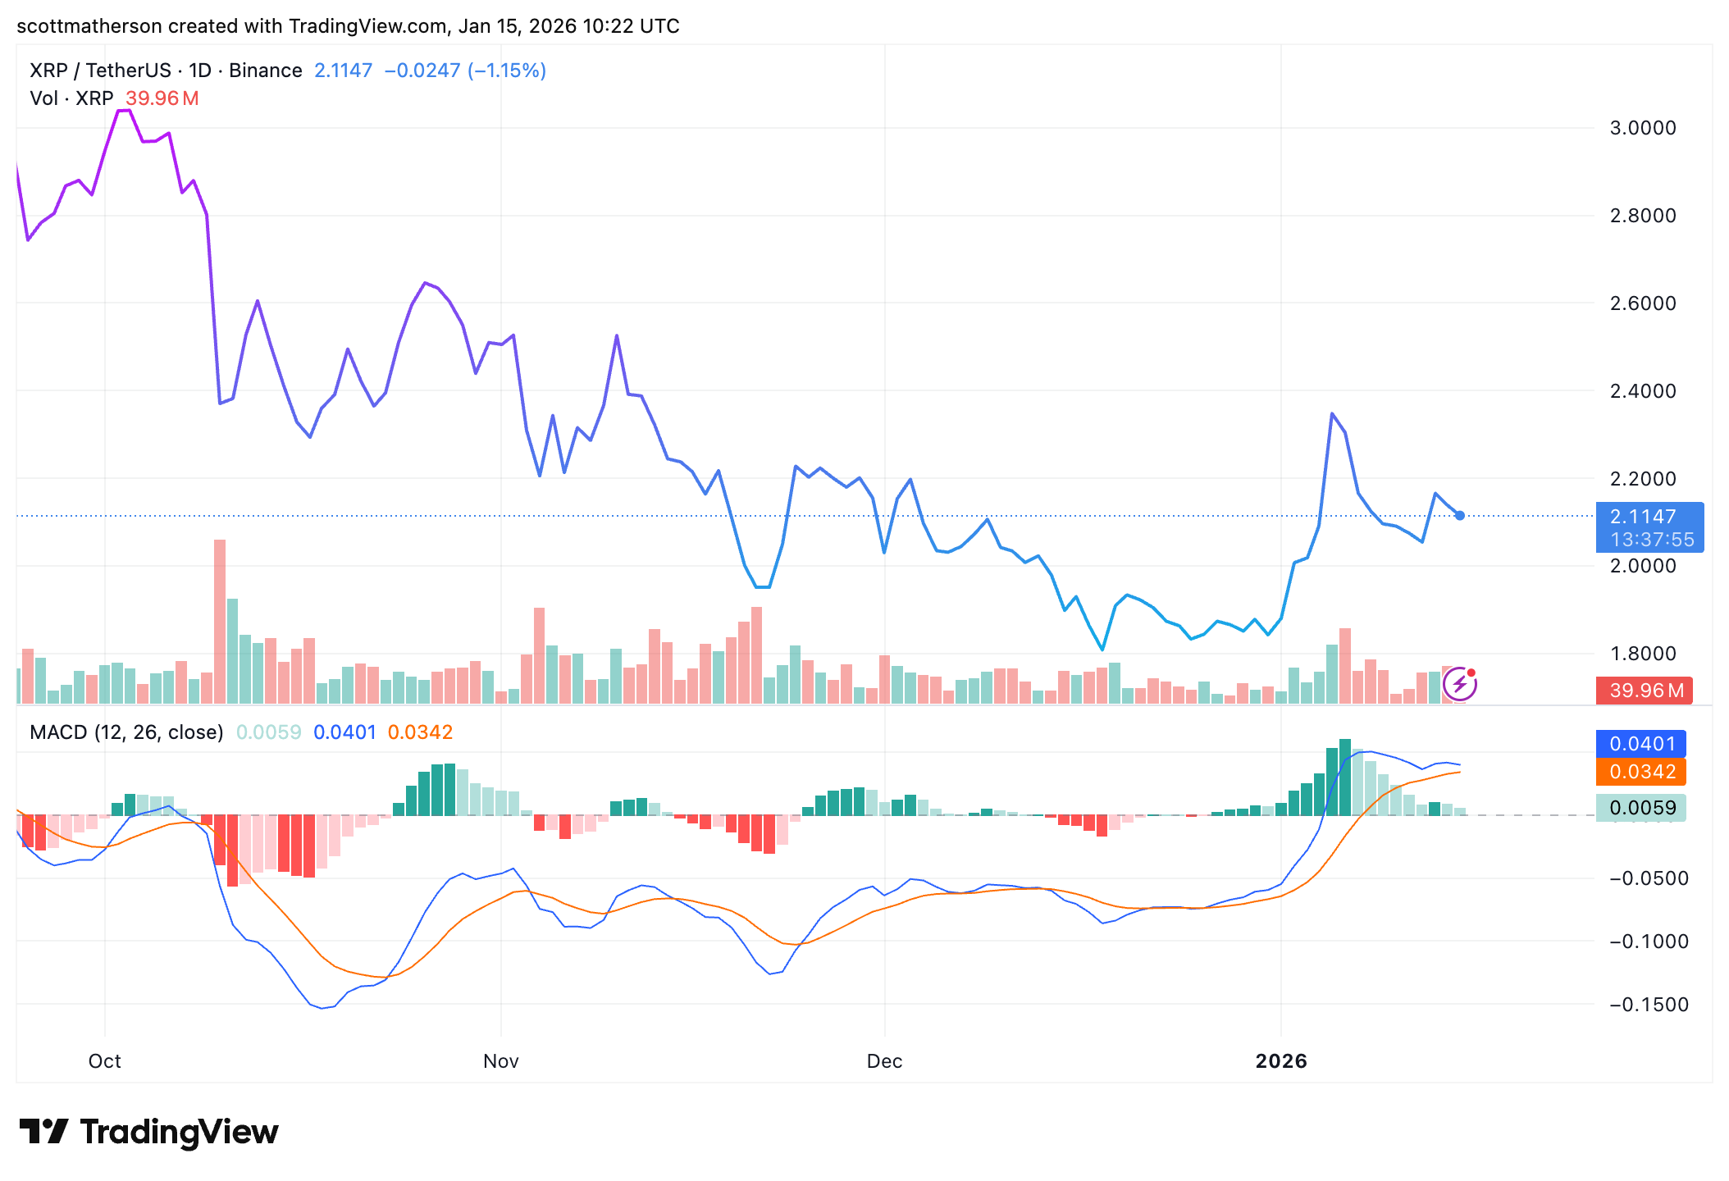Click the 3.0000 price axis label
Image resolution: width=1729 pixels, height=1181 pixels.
click(1643, 128)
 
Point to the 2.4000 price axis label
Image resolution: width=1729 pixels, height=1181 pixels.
click(1643, 391)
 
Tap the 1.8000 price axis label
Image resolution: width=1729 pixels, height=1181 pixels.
click(1643, 654)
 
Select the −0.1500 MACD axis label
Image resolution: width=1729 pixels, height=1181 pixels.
click(1649, 1005)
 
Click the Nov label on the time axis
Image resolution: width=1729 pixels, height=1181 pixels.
click(500, 1061)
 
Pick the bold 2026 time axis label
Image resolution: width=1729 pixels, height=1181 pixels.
click(1281, 1061)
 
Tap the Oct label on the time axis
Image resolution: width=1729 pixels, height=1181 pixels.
click(104, 1061)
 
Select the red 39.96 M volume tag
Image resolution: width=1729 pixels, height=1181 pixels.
click(1646, 691)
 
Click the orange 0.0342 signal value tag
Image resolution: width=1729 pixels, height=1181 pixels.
click(1641, 772)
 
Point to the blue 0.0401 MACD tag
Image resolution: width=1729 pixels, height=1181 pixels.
click(1641, 744)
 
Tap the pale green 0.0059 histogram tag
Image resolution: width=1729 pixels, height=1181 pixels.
click(1641, 808)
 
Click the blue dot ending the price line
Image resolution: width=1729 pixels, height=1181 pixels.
click(1460, 516)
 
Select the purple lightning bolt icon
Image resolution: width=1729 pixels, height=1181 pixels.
click(1460, 684)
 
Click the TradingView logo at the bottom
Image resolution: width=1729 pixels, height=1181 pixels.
click(149, 1133)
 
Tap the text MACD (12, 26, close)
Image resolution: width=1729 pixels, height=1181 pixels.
click(126, 732)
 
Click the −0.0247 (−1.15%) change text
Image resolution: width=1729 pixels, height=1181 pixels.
click(465, 71)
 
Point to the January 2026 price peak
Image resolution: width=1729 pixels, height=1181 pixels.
click(1332, 414)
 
